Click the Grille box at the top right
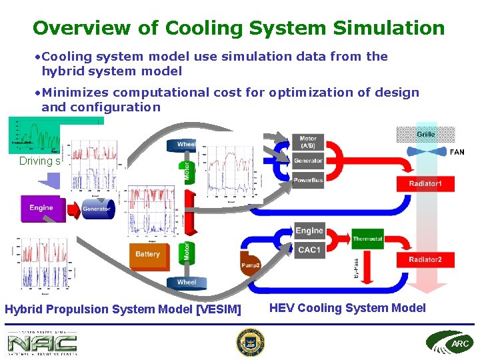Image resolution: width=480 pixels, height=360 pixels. click(426, 134)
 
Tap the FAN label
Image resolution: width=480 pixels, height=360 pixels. click(457, 152)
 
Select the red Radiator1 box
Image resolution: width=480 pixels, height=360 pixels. click(425, 183)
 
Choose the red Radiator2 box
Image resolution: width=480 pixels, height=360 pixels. click(425, 259)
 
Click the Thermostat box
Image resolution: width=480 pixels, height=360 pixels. click(367, 239)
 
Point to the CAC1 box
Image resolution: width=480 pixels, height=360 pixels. click(309, 250)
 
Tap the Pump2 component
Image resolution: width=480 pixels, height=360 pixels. click(250, 265)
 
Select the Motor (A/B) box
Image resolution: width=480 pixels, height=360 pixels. click(308, 142)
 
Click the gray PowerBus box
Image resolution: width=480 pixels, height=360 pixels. click(308, 179)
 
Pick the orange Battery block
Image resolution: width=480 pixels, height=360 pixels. click(147, 255)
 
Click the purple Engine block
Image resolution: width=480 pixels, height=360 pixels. click(41, 208)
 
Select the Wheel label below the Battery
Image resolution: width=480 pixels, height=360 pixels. click(187, 282)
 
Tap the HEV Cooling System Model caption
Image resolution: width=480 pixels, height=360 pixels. click(347, 308)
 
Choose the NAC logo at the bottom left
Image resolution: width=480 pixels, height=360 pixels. click(42, 343)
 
